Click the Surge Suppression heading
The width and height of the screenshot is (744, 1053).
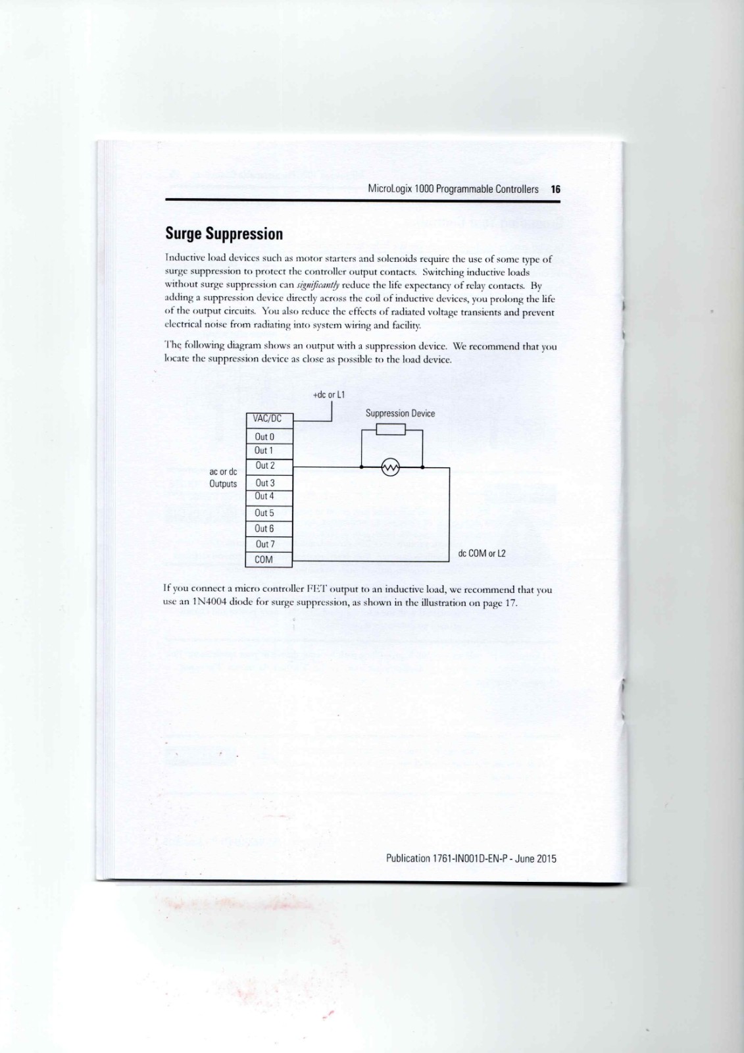click(x=224, y=234)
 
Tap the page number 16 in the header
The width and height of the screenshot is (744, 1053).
click(x=555, y=189)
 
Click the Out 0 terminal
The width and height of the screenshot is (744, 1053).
click(x=264, y=436)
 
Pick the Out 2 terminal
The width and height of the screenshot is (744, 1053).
click(x=264, y=466)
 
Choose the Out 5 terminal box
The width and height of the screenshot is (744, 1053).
click(x=264, y=513)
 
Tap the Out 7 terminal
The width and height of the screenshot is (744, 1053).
click(x=264, y=544)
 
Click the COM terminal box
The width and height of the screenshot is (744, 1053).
click(x=264, y=559)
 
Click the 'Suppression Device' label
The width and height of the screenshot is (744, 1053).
click(x=400, y=413)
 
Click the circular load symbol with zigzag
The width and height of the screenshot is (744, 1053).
click(x=391, y=468)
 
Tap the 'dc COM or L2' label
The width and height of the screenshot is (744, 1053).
click(x=482, y=553)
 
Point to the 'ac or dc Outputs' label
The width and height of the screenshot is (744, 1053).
click(x=223, y=478)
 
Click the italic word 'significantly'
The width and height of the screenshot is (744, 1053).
click(x=318, y=286)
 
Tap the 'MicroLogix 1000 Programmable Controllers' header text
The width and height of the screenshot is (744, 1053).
click(x=453, y=189)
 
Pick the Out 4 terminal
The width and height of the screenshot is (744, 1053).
click(x=264, y=496)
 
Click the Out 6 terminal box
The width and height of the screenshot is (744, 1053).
click(x=264, y=528)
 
